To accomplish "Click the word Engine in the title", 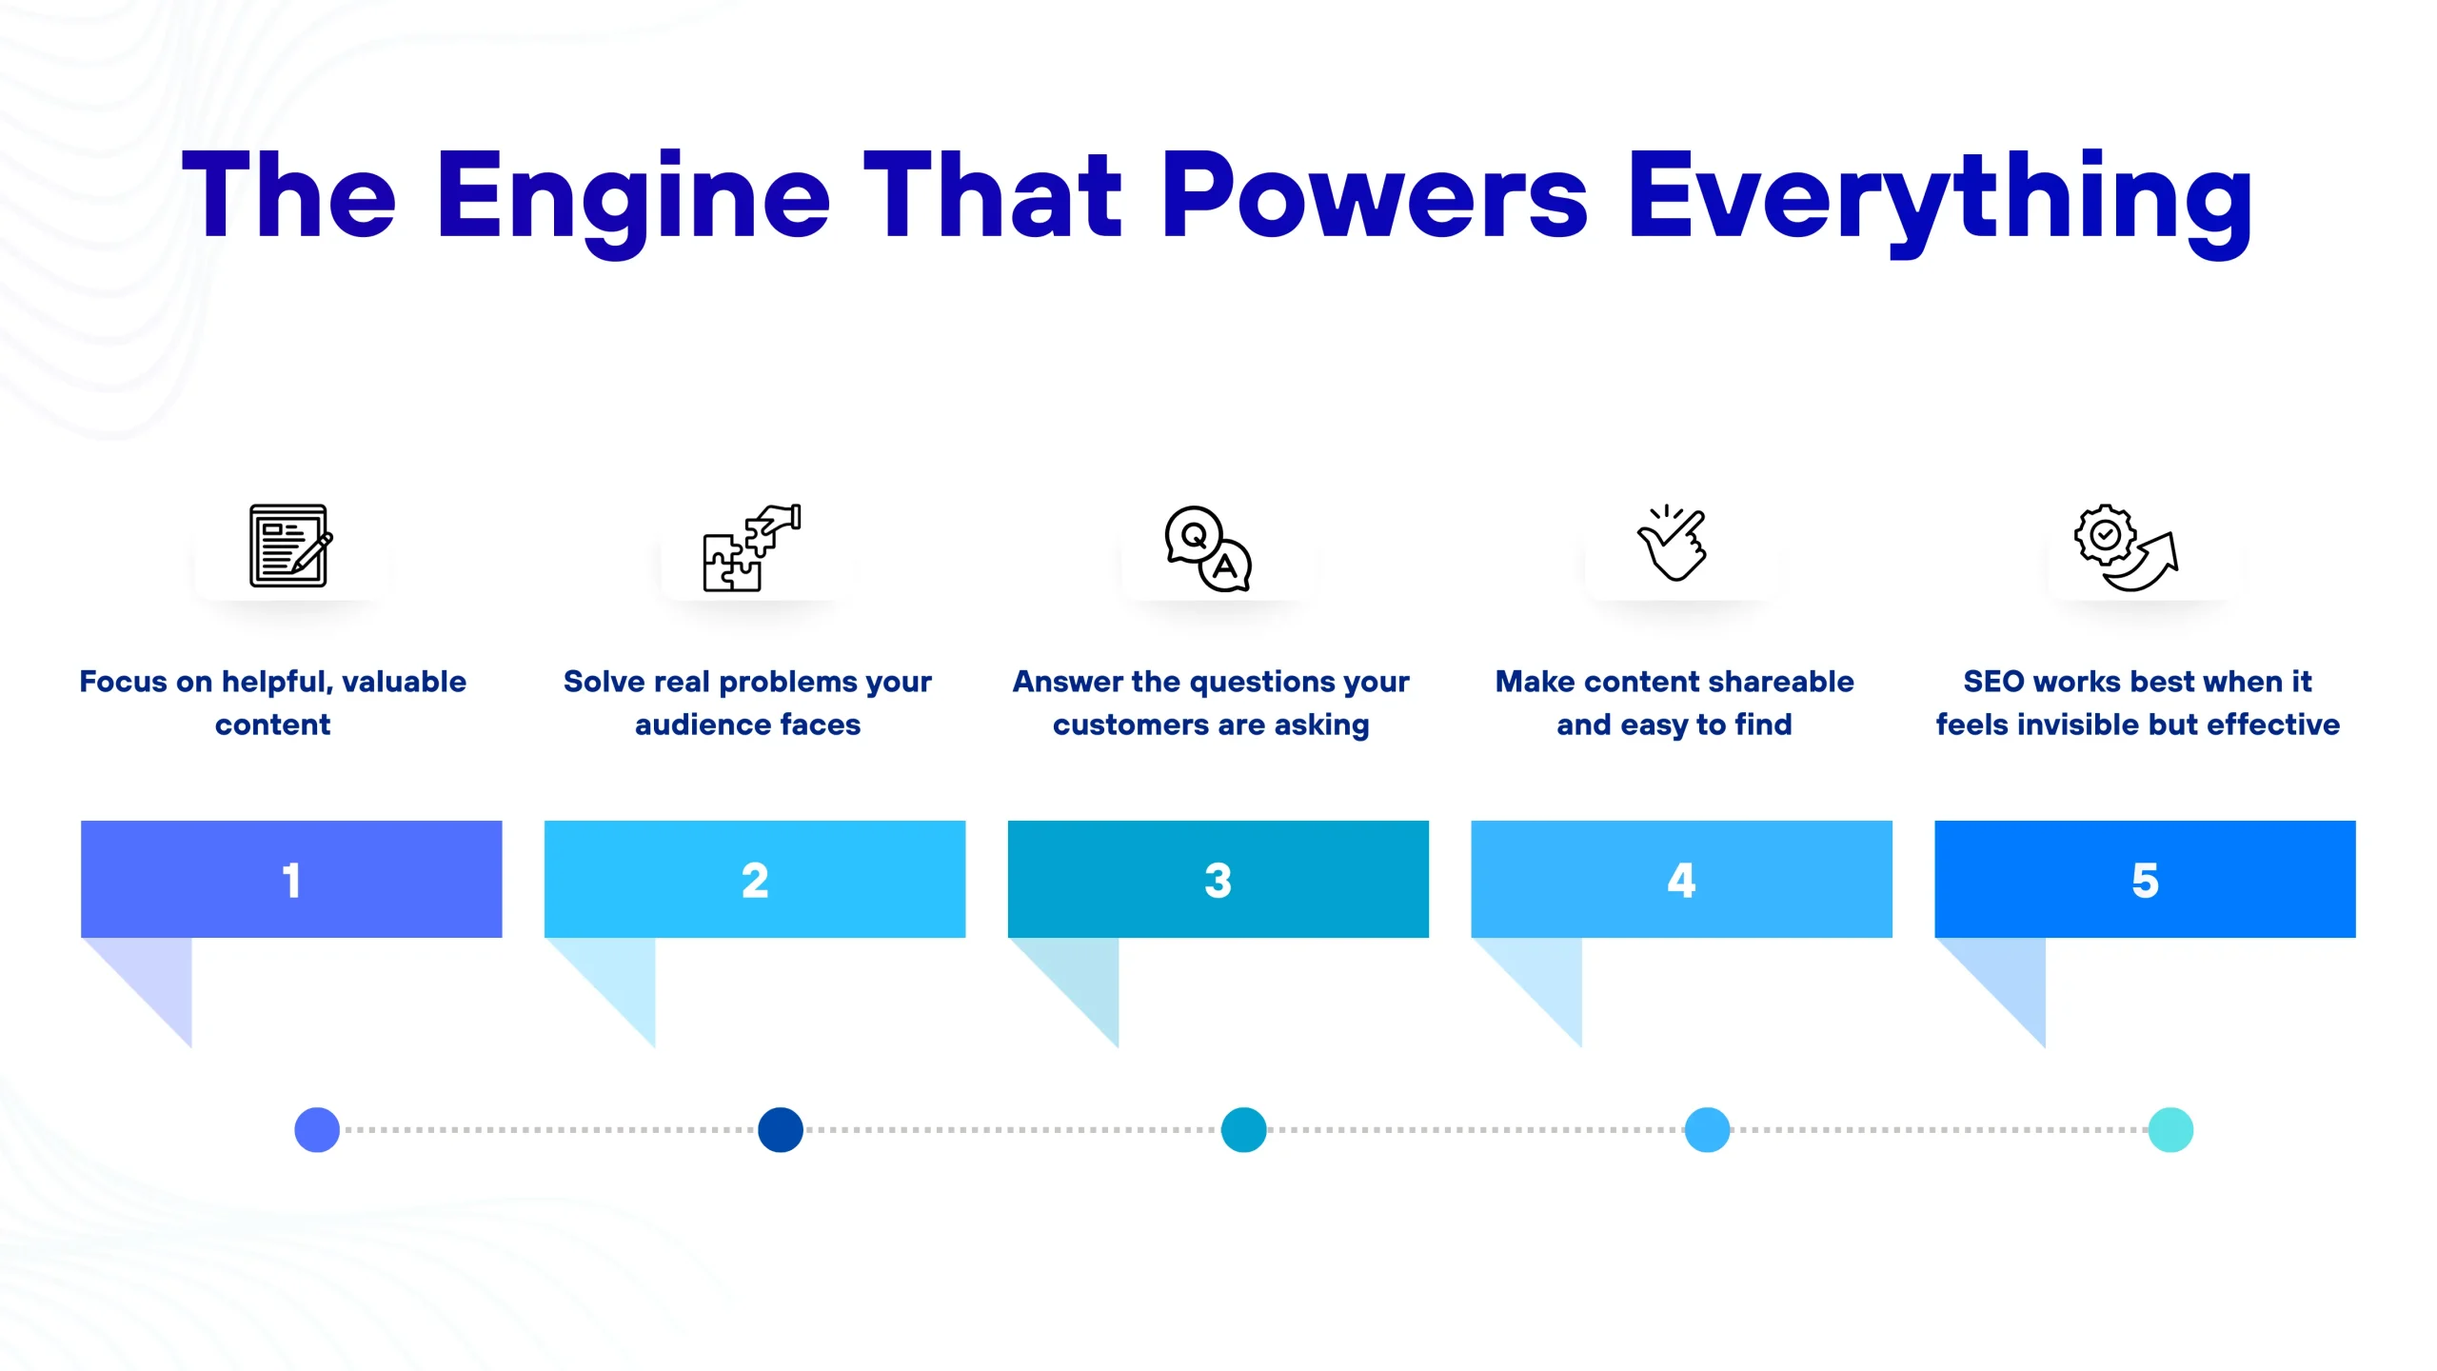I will tap(633, 198).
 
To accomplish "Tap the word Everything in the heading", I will tap(1939, 198).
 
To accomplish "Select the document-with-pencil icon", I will tap(290, 546).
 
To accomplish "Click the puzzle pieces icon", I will tap(751, 548).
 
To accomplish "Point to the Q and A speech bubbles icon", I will tap(1208, 548).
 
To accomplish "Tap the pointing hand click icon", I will tap(1673, 543).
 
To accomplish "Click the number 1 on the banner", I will tap(291, 880).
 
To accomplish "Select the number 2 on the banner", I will tap(755, 880).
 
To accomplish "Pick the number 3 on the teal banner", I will tap(1218, 880).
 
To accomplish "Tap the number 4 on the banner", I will tap(1681, 880).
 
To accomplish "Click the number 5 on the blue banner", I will tap(2145, 880).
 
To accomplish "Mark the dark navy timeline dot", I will tap(781, 1130).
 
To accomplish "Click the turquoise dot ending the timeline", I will tap(2170, 1130).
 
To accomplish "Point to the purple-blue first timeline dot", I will tap(317, 1130).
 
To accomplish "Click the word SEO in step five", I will tap(1993, 682).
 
